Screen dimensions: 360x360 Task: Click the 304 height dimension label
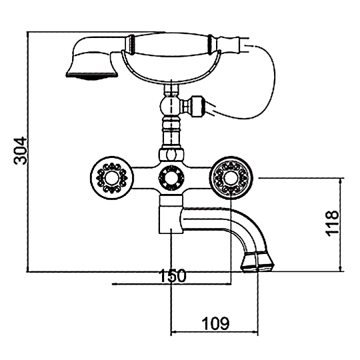20,151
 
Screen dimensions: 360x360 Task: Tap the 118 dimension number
332,223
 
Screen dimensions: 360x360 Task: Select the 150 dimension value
173,275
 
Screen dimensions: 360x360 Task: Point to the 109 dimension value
215,323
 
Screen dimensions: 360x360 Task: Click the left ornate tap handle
111,178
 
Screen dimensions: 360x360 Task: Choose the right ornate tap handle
231,178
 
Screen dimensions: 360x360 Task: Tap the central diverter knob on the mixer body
171,178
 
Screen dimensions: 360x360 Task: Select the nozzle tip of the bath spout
257,262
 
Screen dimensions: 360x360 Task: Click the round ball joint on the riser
171,106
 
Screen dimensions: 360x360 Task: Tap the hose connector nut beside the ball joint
197,106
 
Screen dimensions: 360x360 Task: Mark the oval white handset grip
171,44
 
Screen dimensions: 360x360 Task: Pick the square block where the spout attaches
171,215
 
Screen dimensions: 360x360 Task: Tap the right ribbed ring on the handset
210,44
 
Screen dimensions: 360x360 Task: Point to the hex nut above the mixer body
171,155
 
